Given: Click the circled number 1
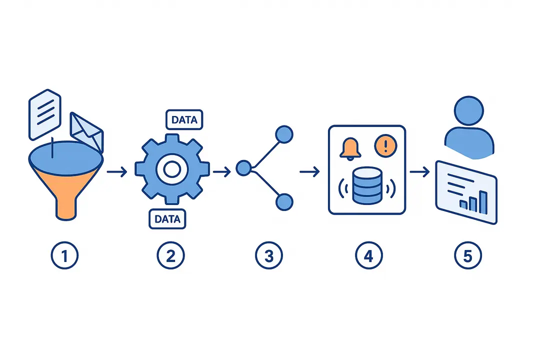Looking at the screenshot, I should [65, 256].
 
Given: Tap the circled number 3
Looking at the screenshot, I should [269, 256].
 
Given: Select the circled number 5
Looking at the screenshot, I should [468, 256].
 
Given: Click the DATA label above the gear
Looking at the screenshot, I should [184, 120].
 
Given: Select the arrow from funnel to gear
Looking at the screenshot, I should [117, 172].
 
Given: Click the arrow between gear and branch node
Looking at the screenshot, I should [221, 172].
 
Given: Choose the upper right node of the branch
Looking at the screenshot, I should [284, 135].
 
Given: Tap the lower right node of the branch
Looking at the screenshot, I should [284, 201].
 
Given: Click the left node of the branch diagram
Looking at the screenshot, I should [243, 168].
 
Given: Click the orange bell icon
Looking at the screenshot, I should [349, 148].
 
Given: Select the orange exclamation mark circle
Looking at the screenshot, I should [384, 146].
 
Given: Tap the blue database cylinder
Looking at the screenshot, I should [366, 185].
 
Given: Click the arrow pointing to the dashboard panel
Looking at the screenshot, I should [419, 172].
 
